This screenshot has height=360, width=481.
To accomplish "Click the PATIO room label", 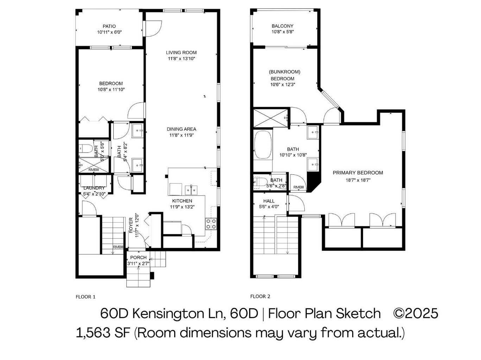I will tap(109, 26).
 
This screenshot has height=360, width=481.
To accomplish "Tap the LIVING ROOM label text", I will tap(181, 53).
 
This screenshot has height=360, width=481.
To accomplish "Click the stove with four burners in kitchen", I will tap(211, 224).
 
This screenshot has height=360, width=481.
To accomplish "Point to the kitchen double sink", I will tap(191, 190).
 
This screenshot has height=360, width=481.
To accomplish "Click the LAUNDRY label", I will tap(94, 188).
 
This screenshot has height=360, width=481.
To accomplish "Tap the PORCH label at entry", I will tap(138, 258).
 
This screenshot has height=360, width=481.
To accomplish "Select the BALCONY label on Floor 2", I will tap(282, 26).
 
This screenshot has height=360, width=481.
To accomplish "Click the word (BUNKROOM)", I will tap(284, 72).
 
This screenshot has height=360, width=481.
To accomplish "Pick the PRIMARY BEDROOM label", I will tap(358, 173).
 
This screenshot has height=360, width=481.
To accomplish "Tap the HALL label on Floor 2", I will tap(269, 201).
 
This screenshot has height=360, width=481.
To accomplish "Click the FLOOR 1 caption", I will tap(86, 297).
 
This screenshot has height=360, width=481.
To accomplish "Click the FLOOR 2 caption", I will tap(260, 296).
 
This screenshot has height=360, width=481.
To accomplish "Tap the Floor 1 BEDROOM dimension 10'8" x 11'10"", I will tap(111, 90).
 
